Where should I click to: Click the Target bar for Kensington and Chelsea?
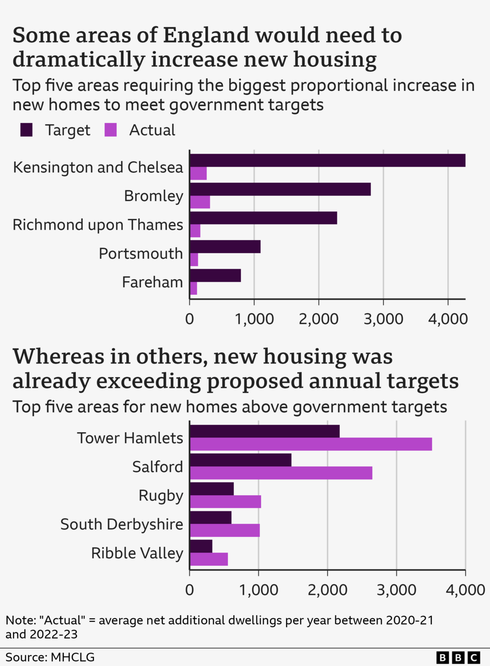coord(327,160)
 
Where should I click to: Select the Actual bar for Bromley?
coord(200,202)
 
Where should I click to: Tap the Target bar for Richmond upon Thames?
coord(263,218)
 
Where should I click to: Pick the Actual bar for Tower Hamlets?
coord(311,444)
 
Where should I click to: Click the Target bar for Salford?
coord(240,460)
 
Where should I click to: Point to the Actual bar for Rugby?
coord(225,502)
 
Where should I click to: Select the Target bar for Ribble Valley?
coord(201,546)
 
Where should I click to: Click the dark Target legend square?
coord(26,130)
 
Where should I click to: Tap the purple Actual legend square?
coord(110,130)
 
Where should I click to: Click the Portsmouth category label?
coord(141,254)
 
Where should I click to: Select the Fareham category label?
coord(152,282)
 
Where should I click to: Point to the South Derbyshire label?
coord(121,524)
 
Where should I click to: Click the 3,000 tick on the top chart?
coord(383,319)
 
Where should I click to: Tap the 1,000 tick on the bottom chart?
coord(258,590)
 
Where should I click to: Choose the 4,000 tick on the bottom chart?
coord(465,590)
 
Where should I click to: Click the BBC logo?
coord(457,657)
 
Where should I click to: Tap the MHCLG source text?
coord(72,657)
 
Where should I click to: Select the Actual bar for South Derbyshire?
coord(224,530)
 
